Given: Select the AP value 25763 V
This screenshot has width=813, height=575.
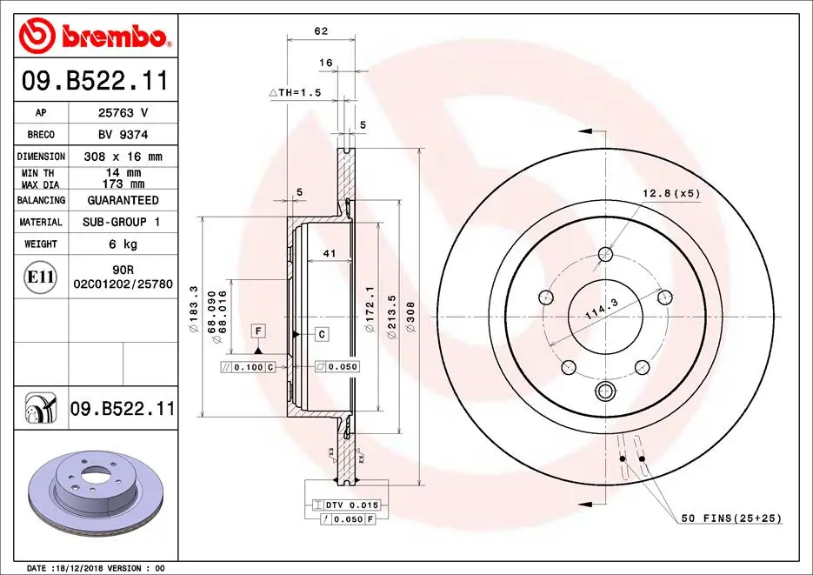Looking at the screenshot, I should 122,113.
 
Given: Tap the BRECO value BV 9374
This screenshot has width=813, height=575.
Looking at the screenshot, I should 122,135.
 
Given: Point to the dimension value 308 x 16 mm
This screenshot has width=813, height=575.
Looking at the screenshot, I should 122,157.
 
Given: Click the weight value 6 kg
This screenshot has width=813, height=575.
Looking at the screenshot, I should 122,244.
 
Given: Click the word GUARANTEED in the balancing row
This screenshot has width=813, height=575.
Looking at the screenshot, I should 122,200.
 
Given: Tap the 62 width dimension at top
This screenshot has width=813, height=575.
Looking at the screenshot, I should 321,31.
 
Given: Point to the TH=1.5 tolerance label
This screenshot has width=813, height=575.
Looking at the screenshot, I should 295,92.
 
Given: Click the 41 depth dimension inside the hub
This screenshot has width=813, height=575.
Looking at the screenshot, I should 329,253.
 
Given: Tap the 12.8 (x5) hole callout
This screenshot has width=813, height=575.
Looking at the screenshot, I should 671,192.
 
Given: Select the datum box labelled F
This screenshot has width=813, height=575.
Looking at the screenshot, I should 258,330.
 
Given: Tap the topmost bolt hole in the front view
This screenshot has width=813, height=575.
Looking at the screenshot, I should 606,255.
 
